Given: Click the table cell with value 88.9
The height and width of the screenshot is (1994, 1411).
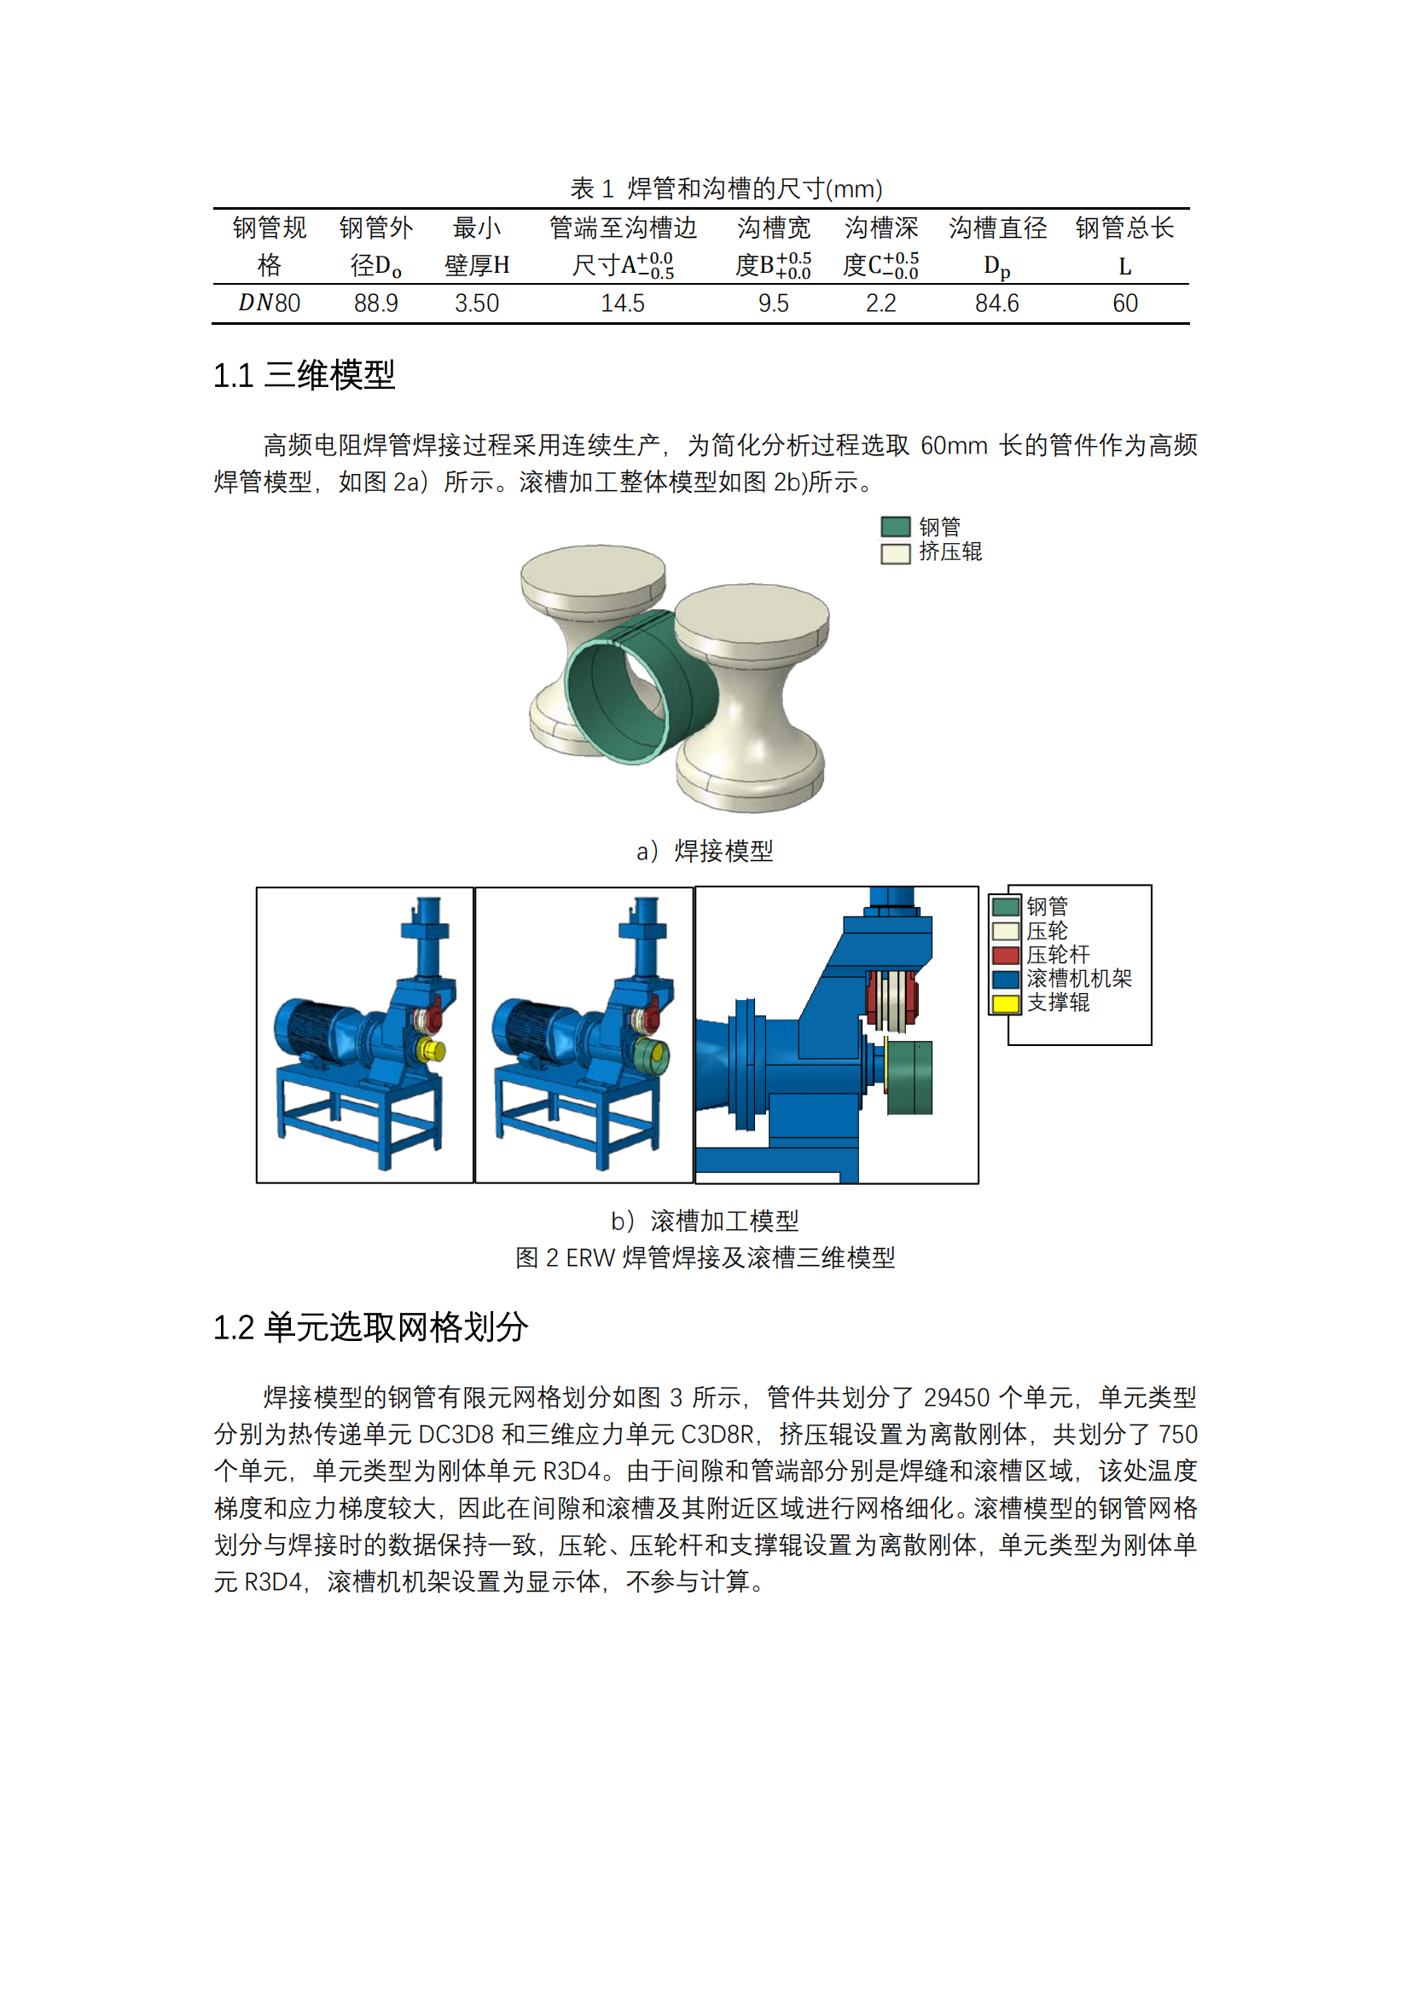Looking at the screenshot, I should [x=375, y=303].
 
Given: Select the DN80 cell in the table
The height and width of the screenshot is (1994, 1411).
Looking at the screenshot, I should [x=270, y=303].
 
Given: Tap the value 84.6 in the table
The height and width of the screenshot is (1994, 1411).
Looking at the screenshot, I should [x=996, y=303].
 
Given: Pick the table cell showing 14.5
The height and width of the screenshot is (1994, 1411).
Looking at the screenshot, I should [x=622, y=303].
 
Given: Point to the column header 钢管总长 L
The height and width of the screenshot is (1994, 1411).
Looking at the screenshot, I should [x=1124, y=246].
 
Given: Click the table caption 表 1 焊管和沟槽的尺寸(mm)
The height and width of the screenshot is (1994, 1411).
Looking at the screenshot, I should [x=725, y=188].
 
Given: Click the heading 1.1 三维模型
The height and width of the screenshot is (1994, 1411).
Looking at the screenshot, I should [x=304, y=375].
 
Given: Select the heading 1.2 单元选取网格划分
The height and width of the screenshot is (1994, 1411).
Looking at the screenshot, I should [x=370, y=1327].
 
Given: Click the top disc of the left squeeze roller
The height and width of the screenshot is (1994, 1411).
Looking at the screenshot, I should [x=593, y=573].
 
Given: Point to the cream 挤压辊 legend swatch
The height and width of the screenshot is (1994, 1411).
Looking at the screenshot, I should [x=895, y=553].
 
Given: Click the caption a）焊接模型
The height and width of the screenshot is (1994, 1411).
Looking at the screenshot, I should [x=705, y=850].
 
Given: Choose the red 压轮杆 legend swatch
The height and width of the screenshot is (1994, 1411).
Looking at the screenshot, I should [x=1005, y=956].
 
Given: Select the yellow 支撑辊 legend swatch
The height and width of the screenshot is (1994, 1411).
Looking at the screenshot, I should [x=1005, y=1004].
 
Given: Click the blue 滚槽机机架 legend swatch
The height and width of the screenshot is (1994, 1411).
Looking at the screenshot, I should [x=1005, y=980].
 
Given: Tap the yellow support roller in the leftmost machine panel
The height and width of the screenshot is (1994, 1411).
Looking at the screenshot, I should [x=430, y=1050].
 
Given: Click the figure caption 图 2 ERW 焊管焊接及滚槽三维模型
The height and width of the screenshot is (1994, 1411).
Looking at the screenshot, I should [x=705, y=1257].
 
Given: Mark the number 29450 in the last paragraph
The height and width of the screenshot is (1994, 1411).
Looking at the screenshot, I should [x=955, y=1397].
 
